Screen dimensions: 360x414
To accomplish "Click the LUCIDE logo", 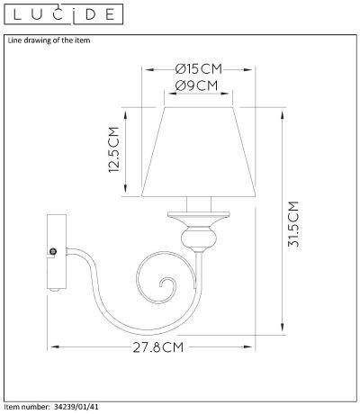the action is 64,14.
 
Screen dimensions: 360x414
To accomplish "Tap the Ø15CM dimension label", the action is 199,69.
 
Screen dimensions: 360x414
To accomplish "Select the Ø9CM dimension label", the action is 196,85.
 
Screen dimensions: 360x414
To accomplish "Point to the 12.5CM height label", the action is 114,149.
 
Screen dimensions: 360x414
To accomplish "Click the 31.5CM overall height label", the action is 293,224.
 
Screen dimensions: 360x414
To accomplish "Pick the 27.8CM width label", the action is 158,347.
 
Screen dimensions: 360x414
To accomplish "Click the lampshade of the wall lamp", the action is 199,151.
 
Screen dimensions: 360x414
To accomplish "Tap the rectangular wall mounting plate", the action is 57,251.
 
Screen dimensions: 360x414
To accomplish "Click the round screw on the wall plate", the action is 53,251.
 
